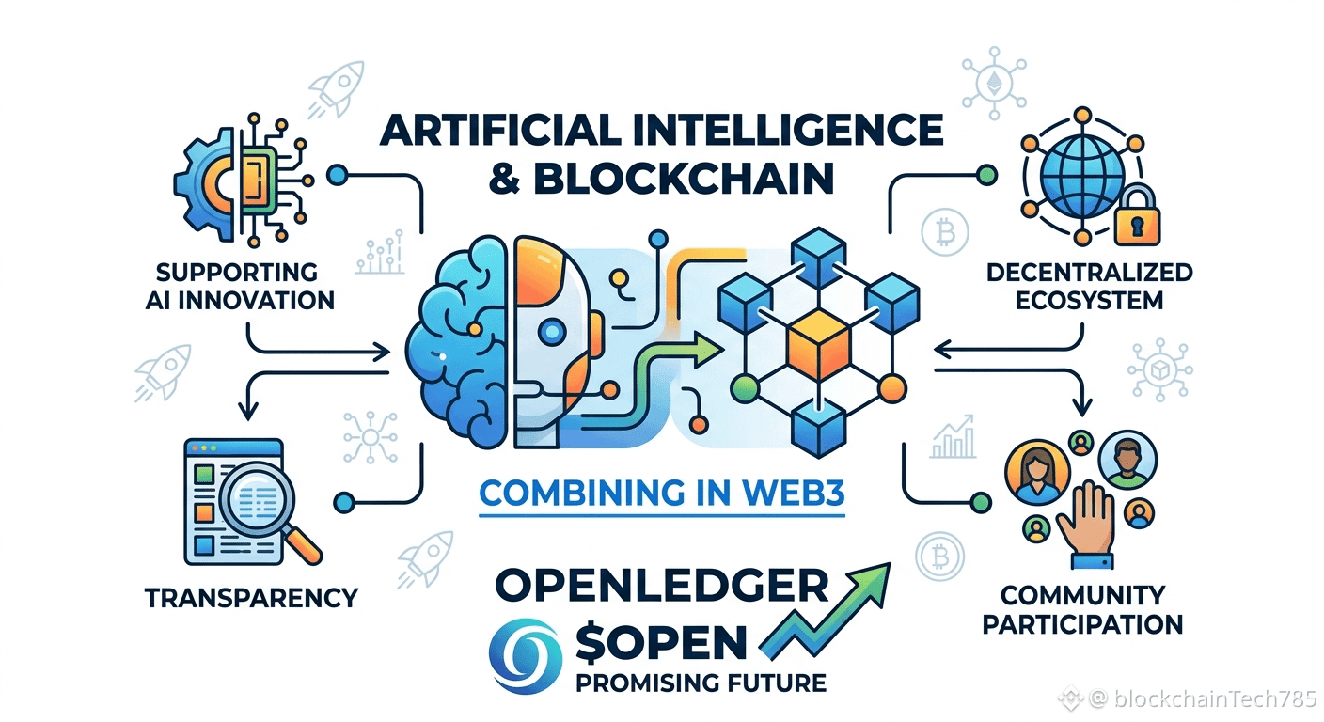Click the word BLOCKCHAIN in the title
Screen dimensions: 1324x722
click(684, 178)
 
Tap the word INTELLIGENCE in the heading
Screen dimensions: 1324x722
click(782, 130)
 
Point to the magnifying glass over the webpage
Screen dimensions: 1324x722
click(266, 508)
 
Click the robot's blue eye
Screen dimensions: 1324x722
click(553, 332)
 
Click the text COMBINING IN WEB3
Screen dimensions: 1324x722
click(662, 493)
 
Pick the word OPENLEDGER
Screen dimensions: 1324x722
click(661, 585)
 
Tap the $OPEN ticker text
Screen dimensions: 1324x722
click(661, 642)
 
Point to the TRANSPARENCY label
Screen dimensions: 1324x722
click(252, 598)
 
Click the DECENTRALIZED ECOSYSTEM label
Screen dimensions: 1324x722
click(1089, 287)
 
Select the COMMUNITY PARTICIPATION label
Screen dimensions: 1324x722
click(1082, 610)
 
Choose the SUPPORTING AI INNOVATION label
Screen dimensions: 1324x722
click(240, 287)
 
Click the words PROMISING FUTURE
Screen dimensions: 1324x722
click(701, 683)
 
